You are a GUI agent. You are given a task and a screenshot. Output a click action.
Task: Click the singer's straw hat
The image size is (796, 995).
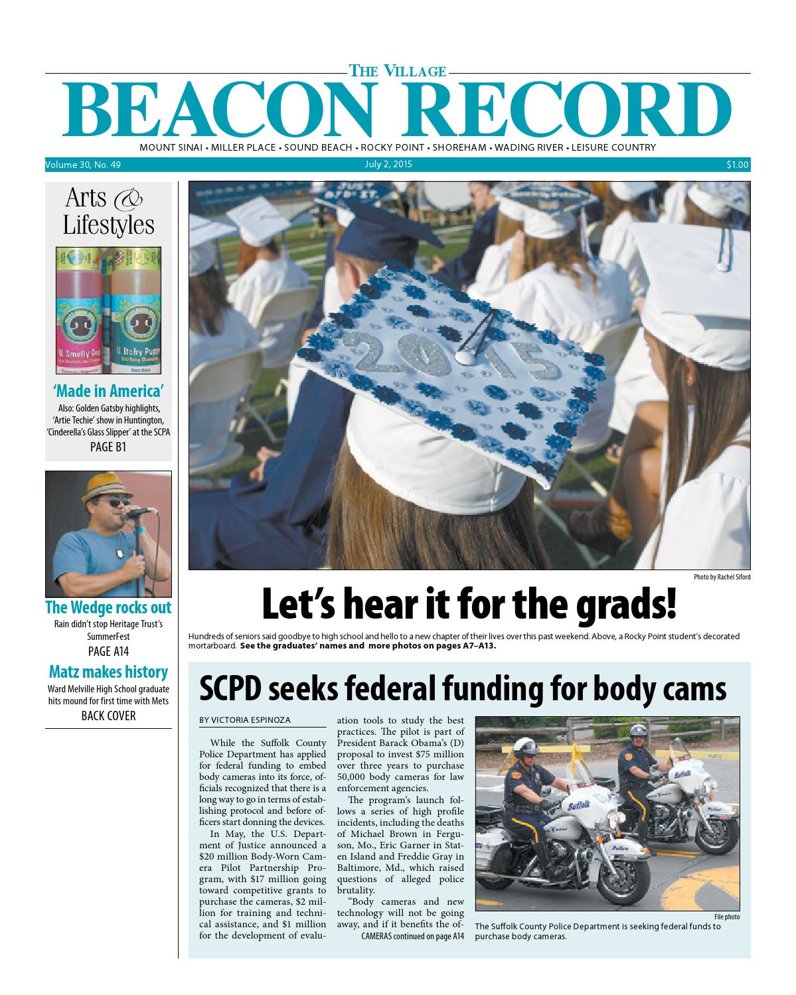(105, 489)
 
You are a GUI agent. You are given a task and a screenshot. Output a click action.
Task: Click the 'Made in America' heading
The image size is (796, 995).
(108, 390)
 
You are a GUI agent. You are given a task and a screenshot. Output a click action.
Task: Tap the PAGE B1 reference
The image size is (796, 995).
(108, 447)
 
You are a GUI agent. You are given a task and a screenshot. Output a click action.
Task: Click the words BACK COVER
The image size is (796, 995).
(108, 716)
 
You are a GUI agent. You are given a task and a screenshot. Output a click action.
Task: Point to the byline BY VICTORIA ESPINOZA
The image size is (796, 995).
(244, 720)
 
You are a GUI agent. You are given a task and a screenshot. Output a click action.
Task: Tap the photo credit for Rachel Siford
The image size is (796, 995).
(722, 577)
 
